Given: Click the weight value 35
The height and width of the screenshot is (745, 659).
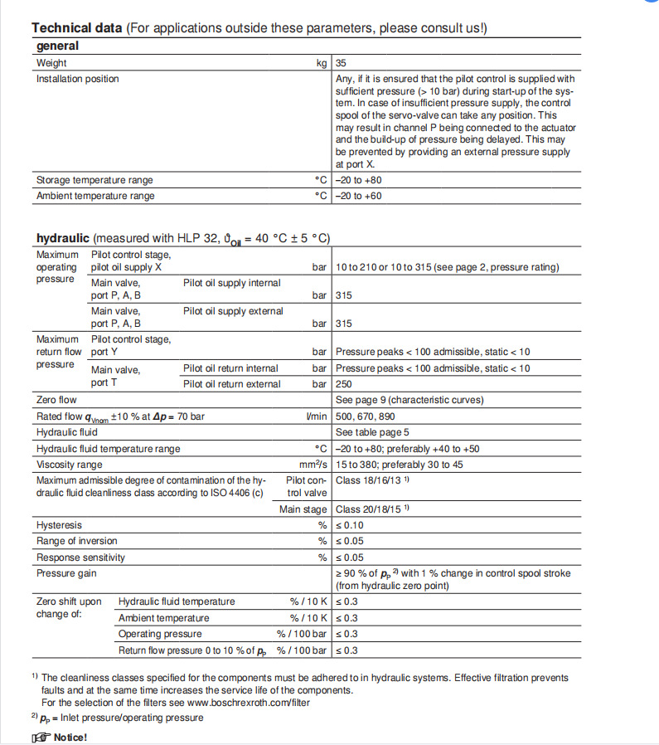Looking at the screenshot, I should point(342,62).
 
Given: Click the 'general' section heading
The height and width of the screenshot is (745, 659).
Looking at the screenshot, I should point(58,46).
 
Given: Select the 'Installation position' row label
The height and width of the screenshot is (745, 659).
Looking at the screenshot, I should point(78,79).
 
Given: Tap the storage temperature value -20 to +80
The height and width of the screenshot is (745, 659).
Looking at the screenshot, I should point(359,180).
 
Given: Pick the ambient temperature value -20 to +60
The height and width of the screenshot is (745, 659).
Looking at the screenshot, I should point(359,196).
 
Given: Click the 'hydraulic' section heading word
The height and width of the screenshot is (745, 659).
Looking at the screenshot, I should point(63,238).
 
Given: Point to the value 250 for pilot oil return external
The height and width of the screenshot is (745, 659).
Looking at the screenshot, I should point(344,384).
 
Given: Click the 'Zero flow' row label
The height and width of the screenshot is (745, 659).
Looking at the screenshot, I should point(57,400).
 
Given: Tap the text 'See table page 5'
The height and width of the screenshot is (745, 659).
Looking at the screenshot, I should point(372,432).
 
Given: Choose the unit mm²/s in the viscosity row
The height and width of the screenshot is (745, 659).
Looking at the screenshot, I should point(313,465).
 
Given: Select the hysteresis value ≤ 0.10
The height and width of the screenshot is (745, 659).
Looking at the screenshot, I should point(349,525).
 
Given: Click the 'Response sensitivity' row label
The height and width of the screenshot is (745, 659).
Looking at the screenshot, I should point(81,558).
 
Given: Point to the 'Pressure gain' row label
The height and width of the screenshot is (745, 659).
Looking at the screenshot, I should point(66,573).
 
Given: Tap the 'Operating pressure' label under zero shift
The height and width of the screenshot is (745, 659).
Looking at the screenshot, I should point(161,634).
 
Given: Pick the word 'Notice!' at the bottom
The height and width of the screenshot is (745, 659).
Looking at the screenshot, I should point(70,738).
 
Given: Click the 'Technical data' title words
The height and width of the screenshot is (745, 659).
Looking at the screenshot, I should point(77,28).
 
